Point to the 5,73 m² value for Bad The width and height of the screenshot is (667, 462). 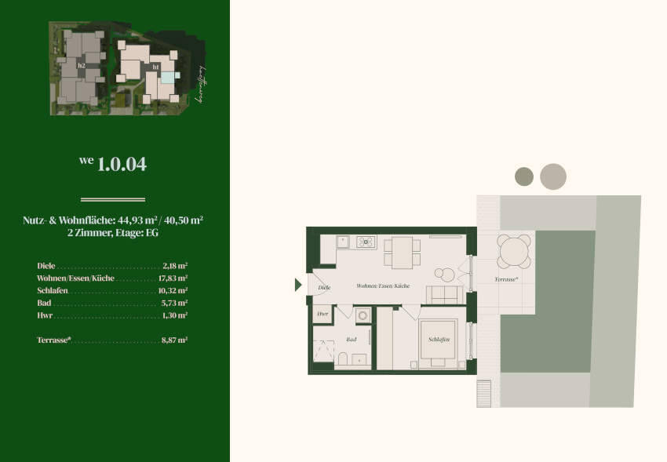click(x=174, y=303)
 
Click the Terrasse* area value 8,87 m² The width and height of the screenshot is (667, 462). click(x=174, y=340)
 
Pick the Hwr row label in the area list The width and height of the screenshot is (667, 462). click(x=44, y=315)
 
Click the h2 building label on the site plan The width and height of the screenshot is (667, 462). click(x=81, y=66)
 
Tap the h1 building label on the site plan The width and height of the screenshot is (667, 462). click(x=155, y=67)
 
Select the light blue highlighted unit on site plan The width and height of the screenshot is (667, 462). click(x=176, y=75)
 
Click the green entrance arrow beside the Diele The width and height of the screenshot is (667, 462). click(x=298, y=285)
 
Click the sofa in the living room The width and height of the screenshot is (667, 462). click(x=443, y=295)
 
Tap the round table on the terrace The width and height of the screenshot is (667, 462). click(x=515, y=252)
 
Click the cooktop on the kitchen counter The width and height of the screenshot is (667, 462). click(x=366, y=242)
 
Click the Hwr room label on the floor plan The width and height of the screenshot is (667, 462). click(x=323, y=314)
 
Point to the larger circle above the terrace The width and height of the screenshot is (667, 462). click(x=553, y=176)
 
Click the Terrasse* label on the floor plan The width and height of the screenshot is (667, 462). click(x=507, y=279)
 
